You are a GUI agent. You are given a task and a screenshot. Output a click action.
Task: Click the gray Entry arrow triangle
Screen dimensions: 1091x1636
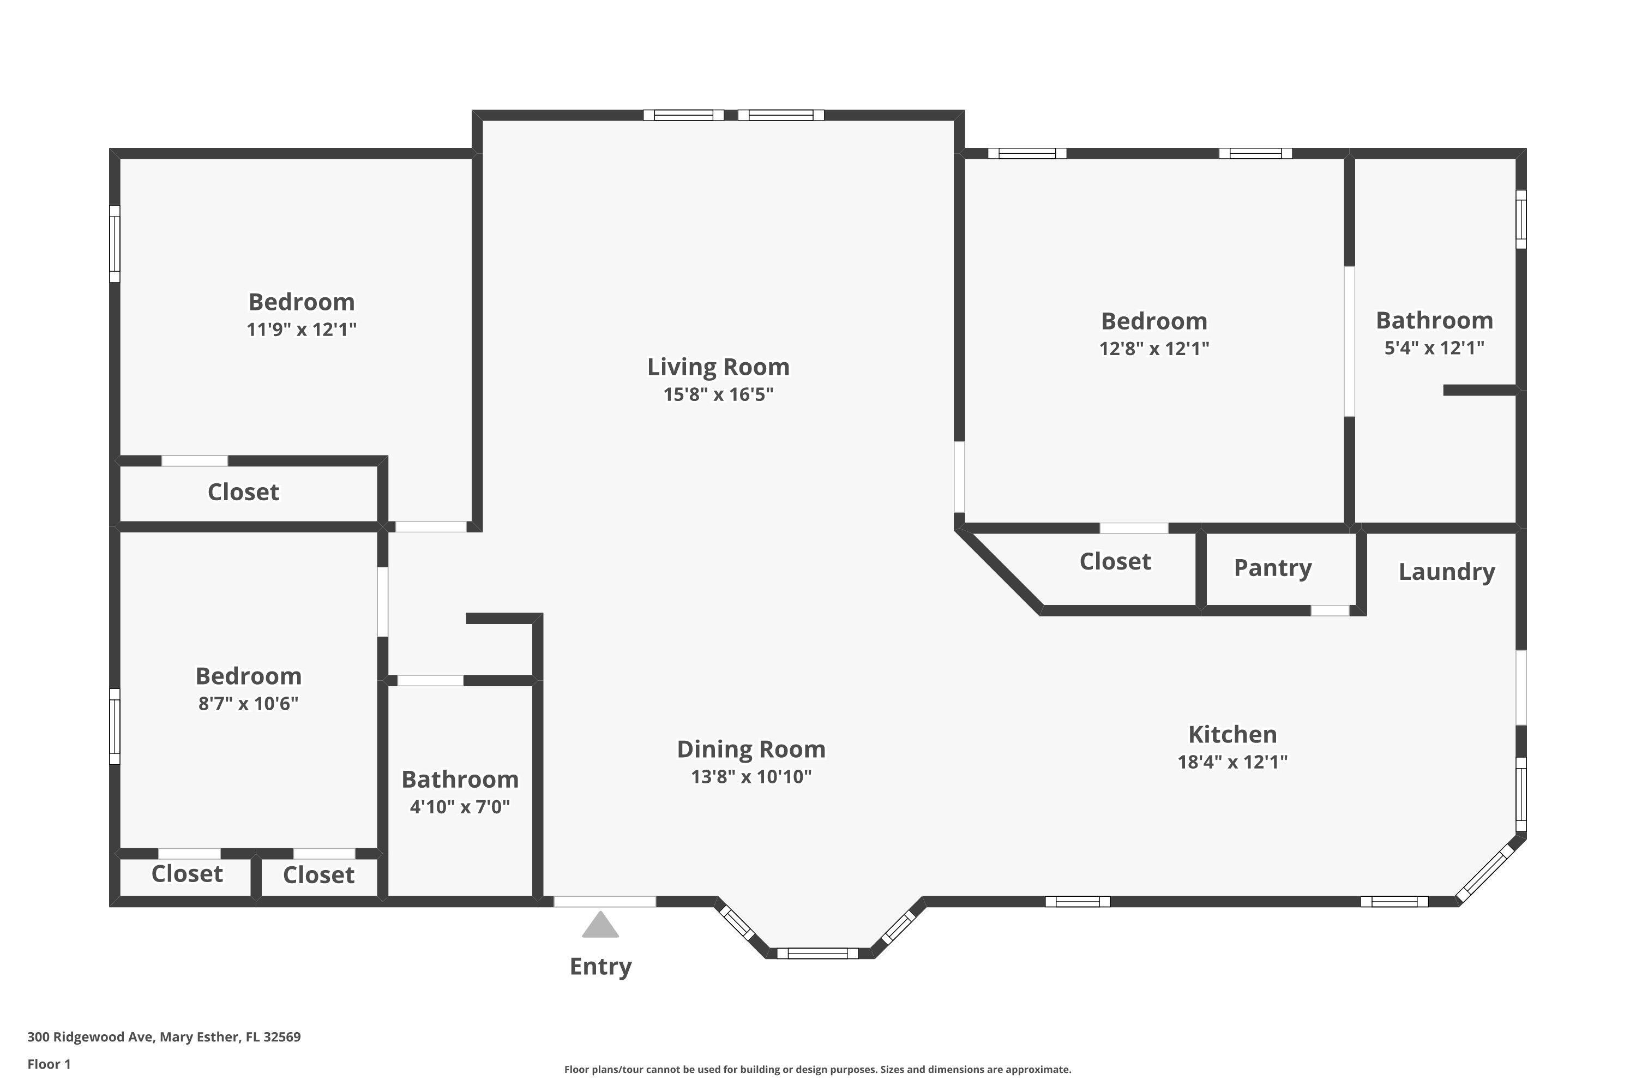[600, 926]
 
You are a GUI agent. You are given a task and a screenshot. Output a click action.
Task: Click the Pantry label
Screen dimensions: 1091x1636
[1272, 568]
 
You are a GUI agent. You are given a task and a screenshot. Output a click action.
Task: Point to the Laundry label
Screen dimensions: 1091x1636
[1446, 572]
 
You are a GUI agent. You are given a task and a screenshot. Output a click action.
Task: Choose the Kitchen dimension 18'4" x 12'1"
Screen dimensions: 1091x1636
[1232, 762]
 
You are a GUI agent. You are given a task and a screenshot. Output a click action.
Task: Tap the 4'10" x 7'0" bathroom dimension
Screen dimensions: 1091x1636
[460, 807]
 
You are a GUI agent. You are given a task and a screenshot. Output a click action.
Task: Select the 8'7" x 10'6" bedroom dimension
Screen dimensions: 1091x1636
[248, 704]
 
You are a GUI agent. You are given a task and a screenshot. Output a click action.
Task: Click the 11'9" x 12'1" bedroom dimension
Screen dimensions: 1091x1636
[301, 329]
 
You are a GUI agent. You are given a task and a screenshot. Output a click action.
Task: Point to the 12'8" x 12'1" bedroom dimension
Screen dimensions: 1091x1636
[1153, 349]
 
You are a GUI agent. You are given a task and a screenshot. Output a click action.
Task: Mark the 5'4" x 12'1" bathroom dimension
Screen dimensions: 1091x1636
[1434, 348]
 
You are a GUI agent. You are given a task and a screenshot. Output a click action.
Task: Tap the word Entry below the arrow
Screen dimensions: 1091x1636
[600, 967]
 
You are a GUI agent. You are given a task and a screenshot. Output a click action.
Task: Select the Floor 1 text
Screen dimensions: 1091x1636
[49, 1064]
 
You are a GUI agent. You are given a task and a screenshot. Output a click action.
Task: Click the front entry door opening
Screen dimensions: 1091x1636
[604, 902]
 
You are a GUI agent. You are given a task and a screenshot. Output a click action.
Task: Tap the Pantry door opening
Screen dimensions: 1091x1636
[1330, 611]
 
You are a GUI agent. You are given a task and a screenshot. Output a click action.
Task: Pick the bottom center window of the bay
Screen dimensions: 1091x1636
[817, 953]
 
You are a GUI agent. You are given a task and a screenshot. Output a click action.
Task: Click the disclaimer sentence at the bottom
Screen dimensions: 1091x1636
[817, 1069]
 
